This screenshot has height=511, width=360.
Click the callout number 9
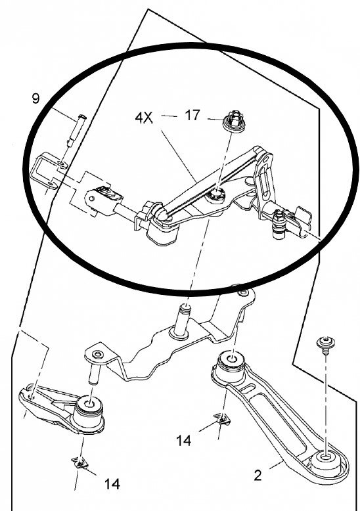pos(35,99)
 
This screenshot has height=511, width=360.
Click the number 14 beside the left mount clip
pos(112,484)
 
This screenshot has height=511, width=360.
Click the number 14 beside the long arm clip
pos(183,439)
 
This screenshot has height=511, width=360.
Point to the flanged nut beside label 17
pos(231,122)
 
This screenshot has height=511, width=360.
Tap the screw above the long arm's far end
pos(325,344)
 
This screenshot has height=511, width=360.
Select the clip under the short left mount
pos(81,464)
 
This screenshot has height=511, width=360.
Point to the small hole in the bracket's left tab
pos(98,355)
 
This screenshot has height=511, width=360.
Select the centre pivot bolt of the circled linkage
pos(215,195)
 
